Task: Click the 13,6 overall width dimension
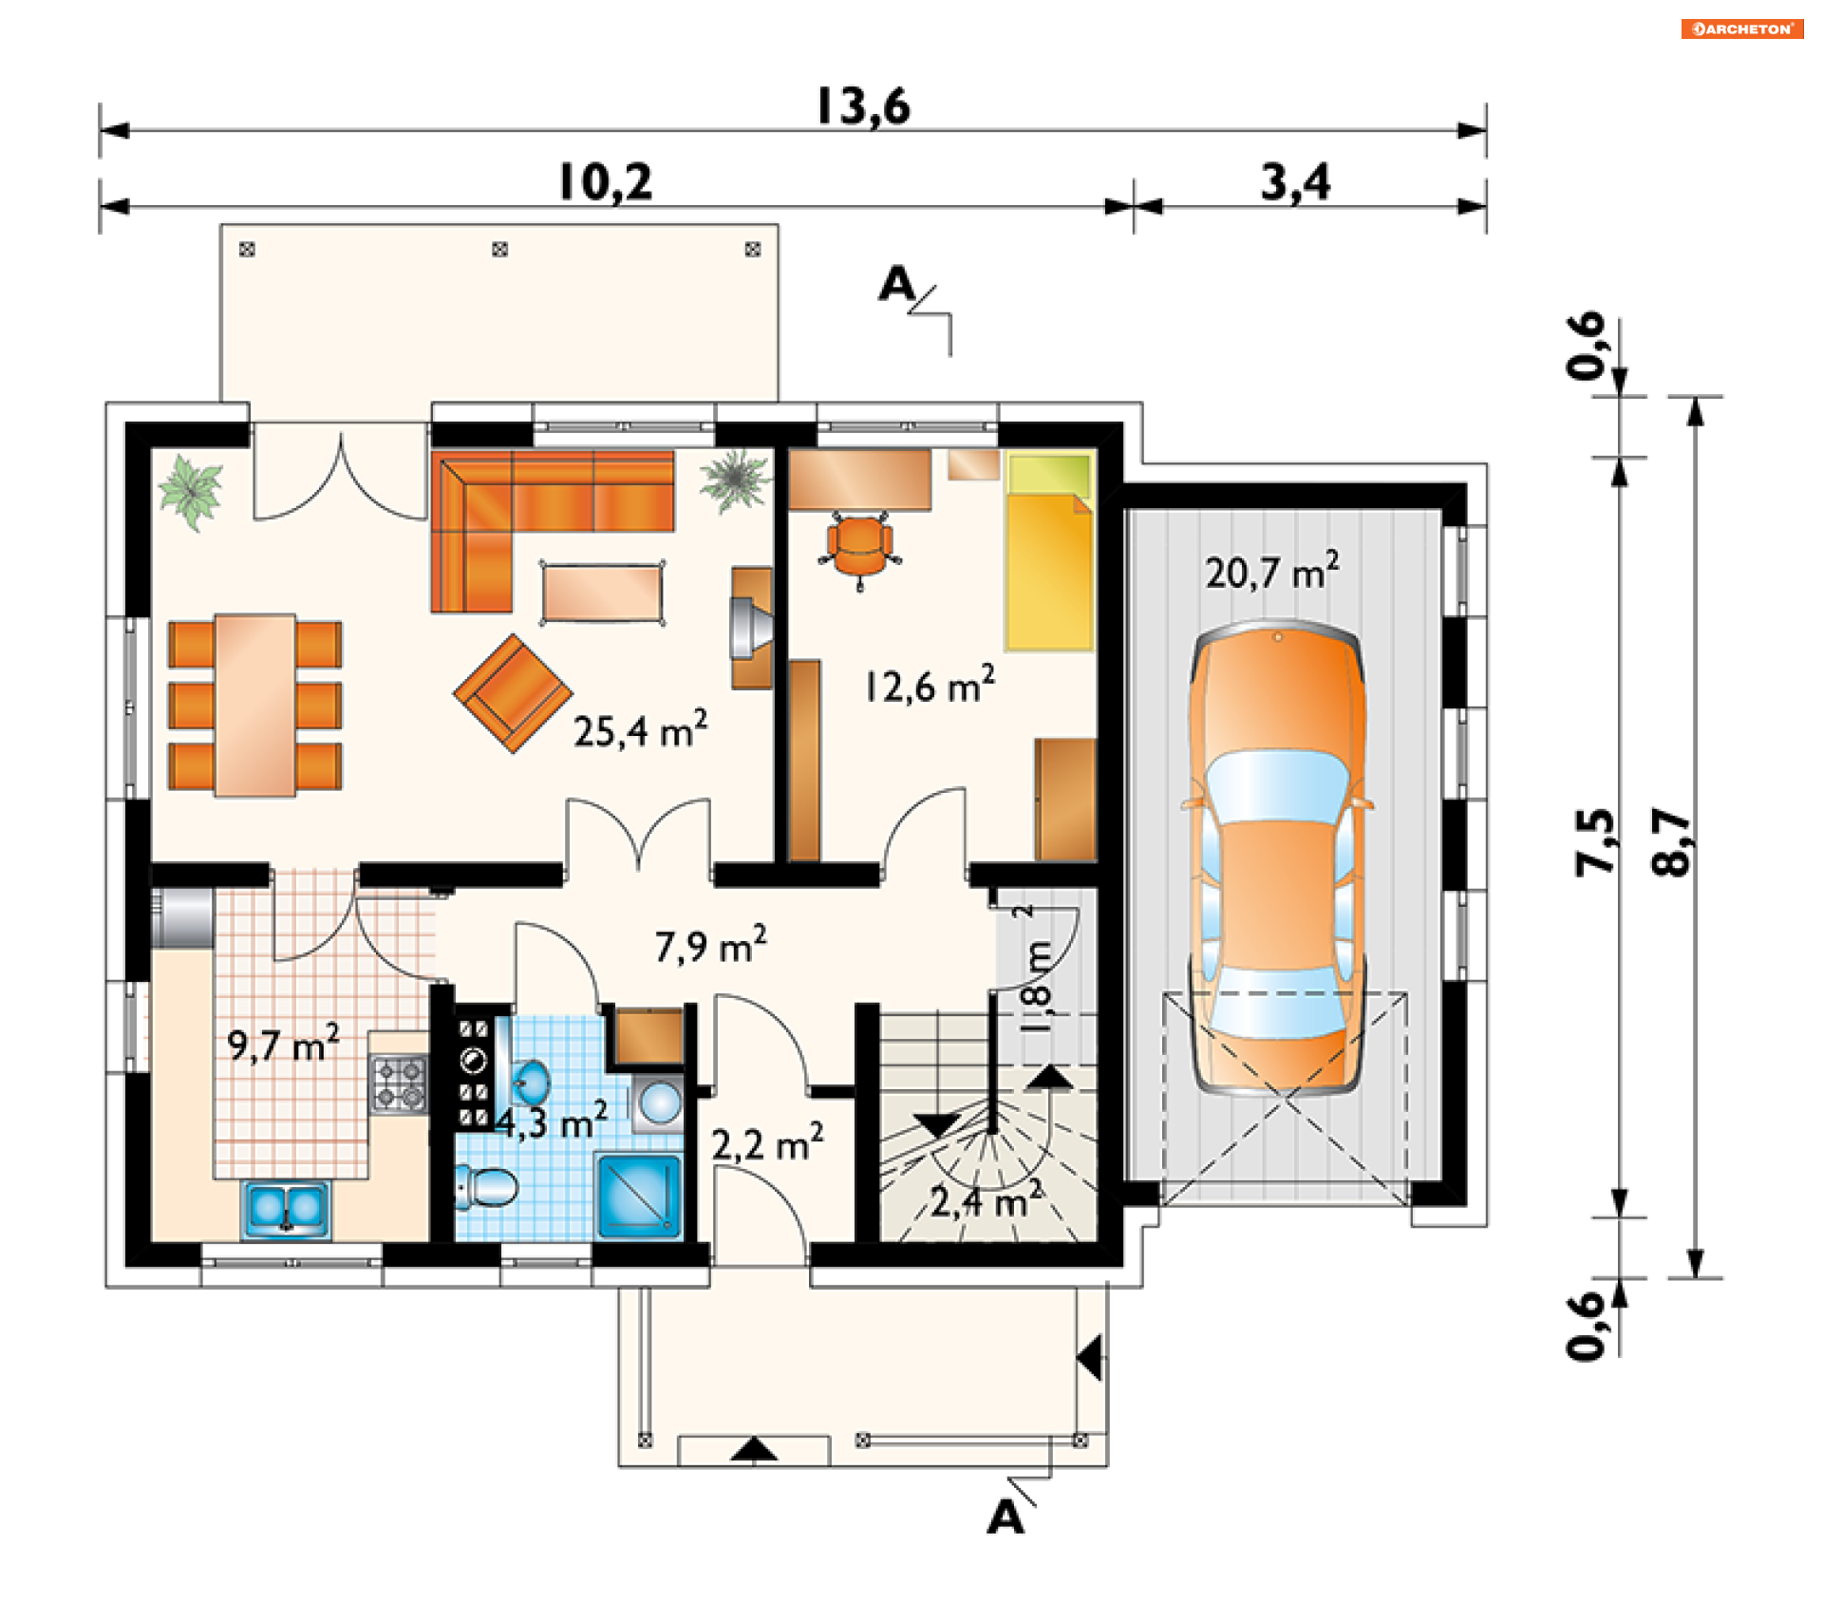863,106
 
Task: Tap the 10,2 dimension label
606,182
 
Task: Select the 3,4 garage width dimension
1295,182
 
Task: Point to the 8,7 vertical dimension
1671,841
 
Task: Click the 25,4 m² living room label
640,729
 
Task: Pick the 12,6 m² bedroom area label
930,685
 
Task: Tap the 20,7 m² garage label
1272,572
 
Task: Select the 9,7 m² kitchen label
283,1044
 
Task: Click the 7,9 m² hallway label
710,946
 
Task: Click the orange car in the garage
1277,859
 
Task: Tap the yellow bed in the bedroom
1049,551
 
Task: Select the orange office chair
859,549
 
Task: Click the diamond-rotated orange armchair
513,693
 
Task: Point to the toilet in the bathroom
485,1187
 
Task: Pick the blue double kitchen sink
286,1209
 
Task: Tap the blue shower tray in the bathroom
639,1196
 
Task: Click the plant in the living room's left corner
191,491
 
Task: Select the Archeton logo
1742,28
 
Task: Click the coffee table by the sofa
602,593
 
